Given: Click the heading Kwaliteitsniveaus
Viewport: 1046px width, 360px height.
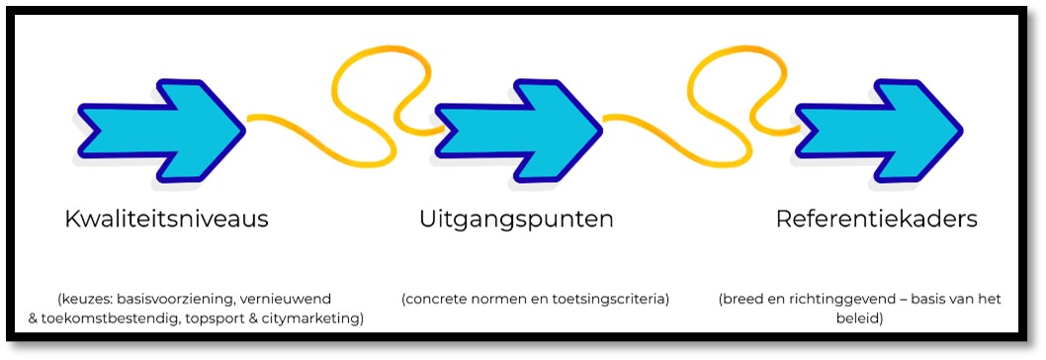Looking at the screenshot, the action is pos(166,219).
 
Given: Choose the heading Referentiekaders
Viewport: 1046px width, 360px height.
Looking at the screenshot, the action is pos(877,219).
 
